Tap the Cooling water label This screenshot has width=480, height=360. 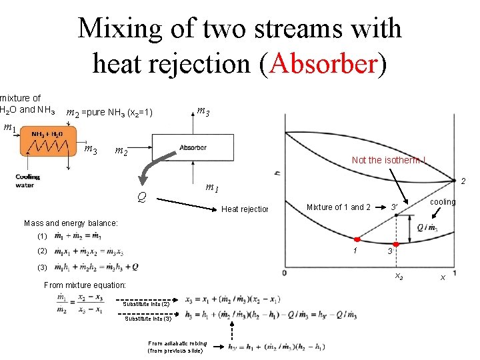[28, 181]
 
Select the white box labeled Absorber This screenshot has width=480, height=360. [193, 147]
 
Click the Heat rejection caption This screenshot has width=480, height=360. [244, 210]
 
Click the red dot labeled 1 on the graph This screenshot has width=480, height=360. [356, 239]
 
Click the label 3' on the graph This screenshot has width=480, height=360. [395, 207]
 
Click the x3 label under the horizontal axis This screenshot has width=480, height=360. [399, 275]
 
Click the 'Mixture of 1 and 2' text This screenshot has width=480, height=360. [338, 207]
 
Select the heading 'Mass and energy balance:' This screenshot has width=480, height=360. [71, 223]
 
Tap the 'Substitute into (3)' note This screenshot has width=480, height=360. [151, 318]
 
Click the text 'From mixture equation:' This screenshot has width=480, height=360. [84, 285]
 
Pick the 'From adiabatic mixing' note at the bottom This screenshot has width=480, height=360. [177, 347]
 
